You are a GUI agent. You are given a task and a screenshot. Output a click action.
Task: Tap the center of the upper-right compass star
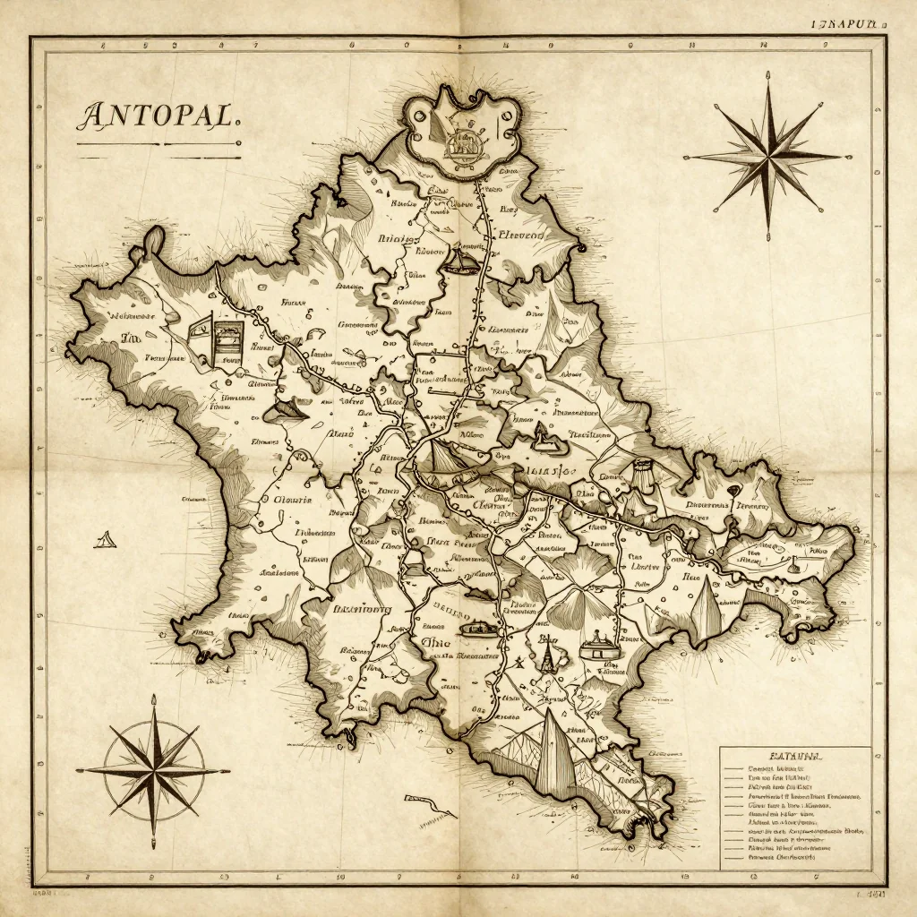click(768, 156)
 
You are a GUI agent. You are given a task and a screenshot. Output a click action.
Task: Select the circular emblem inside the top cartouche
click(463, 142)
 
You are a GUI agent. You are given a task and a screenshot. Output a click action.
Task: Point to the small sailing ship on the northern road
click(461, 261)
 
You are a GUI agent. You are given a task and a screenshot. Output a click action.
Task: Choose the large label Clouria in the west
click(292, 500)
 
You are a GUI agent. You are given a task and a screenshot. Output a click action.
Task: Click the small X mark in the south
click(518, 664)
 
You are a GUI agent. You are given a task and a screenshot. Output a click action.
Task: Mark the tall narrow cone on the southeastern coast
click(707, 609)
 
